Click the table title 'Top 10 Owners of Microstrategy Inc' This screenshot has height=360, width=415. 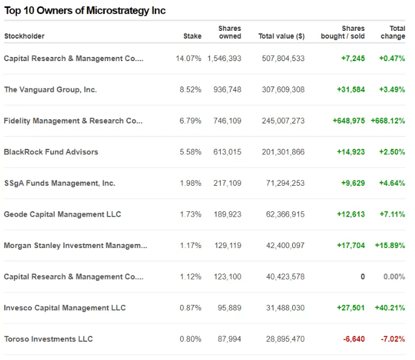[x=85, y=10]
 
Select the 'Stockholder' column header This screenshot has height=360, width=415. [x=24, y=36]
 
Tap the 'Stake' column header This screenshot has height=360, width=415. [x=192, y=36]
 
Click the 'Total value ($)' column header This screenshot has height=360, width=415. [x=281, y=36]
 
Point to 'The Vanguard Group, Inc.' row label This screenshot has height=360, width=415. [x=50, y=90]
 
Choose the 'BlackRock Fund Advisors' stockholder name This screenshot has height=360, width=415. [x=51, y=152]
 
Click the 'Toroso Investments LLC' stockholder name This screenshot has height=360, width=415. [x=48, y=339]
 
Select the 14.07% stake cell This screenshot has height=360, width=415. [x=188, y=59]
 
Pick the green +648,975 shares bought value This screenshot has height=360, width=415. [x=348, y=121]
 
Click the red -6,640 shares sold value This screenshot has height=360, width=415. [x=353, y=339]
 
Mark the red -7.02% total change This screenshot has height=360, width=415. [x=393, y=339]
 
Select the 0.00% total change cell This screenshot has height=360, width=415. [x=394, y=277]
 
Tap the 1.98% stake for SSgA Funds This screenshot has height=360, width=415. [x=191, y=183]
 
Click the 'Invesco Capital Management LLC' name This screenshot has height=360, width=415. [x=65, y=308]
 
